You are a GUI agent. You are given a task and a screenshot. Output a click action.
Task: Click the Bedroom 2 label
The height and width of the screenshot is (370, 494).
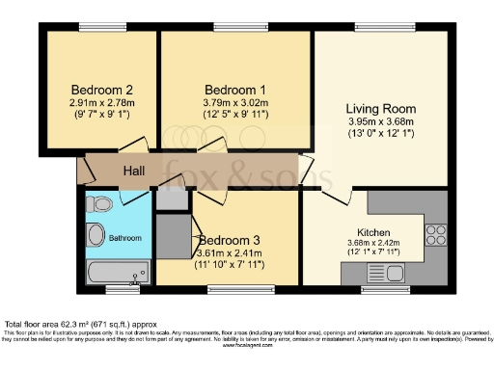pos(94,90)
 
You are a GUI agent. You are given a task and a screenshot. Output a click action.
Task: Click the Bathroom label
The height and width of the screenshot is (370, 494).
pos(125,236)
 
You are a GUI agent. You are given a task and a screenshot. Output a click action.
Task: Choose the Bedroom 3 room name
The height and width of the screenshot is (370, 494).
pos(230,241)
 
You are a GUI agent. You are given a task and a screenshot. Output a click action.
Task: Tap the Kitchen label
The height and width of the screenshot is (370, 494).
pos(372,232)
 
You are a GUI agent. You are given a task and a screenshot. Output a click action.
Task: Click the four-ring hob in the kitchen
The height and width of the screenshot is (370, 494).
pos(436,233)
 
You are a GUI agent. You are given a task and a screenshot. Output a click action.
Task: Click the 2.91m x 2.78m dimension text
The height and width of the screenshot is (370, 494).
pos(94,102)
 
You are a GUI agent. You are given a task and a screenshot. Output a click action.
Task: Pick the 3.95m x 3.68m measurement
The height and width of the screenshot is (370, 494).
pos(379,121)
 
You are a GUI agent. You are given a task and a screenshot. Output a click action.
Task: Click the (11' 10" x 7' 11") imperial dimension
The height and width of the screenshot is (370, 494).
pos(230,264)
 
